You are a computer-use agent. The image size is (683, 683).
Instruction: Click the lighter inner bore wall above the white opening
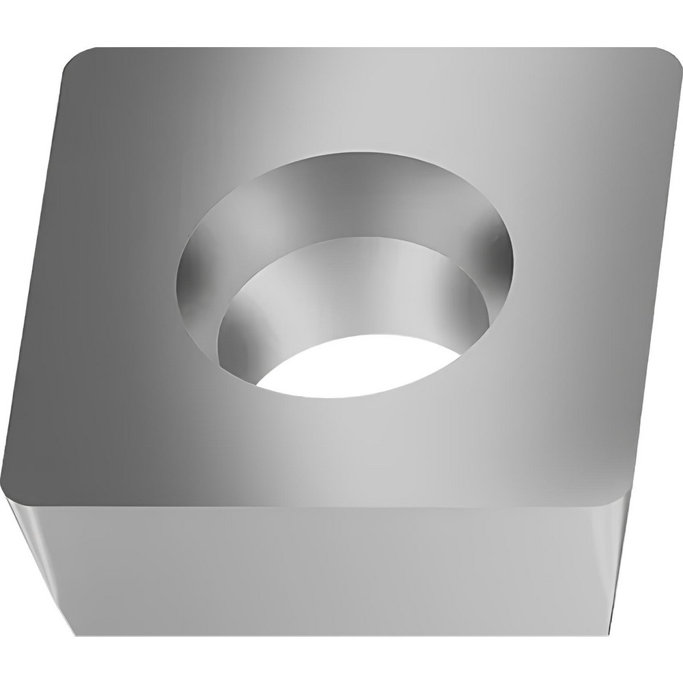click(x=341, y=294)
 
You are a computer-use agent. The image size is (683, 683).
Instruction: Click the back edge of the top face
click(x=369, y=48)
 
